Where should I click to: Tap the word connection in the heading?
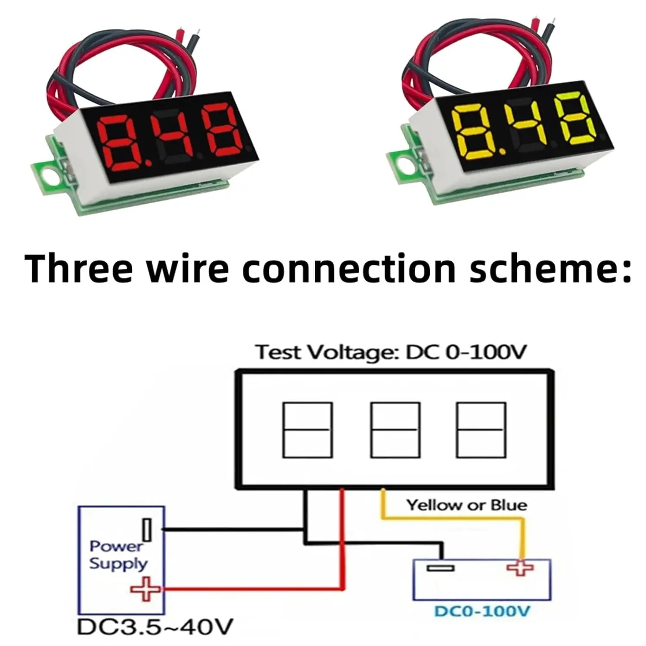349,268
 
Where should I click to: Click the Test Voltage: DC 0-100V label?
391,352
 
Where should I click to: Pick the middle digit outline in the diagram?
395,430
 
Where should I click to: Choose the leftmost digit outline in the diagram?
307,430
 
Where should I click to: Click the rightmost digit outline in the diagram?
481,430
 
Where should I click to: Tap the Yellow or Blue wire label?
466,505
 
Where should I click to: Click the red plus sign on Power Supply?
146,589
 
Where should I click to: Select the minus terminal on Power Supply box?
147,530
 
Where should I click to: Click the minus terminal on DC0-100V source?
440,568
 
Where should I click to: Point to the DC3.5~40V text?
155,627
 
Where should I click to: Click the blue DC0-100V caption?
482,611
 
